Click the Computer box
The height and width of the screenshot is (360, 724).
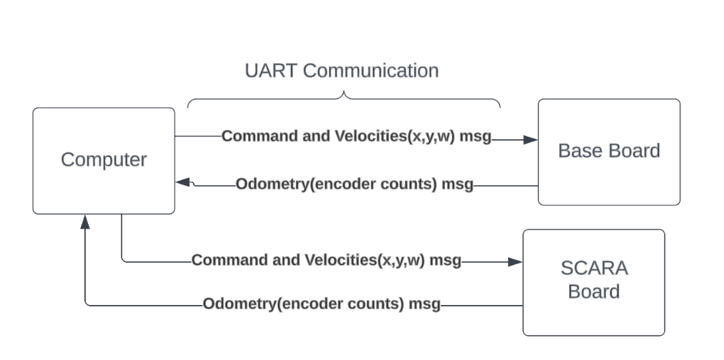point(104,160)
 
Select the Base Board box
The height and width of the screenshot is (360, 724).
point(608,151)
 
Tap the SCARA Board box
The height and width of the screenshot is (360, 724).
point(594,281)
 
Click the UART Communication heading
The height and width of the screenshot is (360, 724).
point(342,71)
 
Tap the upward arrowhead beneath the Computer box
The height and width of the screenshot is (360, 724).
point(85,222)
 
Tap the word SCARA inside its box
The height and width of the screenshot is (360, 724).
point(594,269)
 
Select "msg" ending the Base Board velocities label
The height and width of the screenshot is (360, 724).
point(475,136)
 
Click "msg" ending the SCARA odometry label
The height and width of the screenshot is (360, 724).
point(424,304)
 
